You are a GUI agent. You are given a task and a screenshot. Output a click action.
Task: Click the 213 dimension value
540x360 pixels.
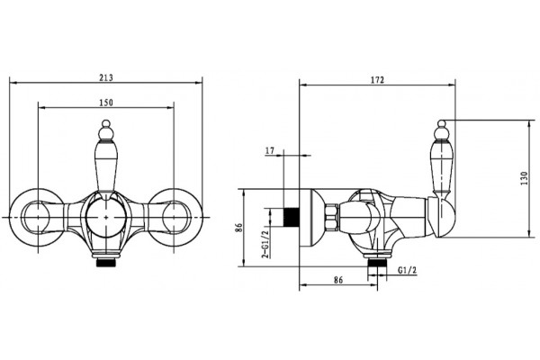coord(106,77)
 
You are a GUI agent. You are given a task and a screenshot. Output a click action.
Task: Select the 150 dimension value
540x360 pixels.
coord(106,103)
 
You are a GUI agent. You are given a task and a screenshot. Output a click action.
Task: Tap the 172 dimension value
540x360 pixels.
coord(377,80)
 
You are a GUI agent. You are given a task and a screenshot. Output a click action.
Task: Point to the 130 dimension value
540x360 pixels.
coord(524,178)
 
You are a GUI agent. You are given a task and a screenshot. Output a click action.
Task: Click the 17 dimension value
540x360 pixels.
coord(270,150)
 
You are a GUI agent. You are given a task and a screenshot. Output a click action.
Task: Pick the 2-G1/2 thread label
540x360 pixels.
coord(265,244)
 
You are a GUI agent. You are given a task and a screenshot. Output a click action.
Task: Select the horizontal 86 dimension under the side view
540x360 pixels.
coord(338,280)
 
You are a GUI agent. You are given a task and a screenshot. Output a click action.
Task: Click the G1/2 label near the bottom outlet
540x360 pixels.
coord(407,270)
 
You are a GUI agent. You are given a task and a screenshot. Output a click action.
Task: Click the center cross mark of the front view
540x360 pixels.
coord(106,218)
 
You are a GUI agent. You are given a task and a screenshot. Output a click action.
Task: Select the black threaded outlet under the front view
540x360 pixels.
coord(106,263)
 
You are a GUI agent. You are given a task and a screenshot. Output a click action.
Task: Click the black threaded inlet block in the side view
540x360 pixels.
coord(292,218)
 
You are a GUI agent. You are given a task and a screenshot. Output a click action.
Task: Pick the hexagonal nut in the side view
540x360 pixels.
coord(332,218)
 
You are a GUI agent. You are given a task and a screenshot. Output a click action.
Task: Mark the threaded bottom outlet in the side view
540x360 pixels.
coord(377,263)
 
